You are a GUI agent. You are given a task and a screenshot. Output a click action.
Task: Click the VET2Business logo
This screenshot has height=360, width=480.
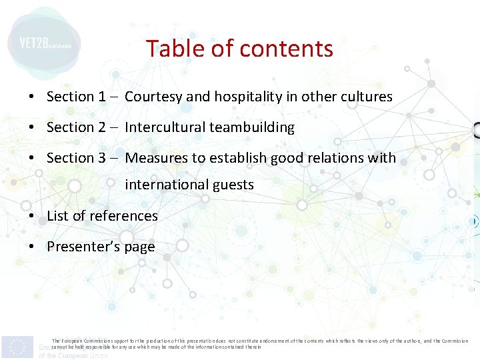(44, 44)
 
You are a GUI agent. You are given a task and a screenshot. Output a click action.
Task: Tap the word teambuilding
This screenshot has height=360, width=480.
(252, 127)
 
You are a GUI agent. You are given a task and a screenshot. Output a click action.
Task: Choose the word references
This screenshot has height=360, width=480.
(123, 216)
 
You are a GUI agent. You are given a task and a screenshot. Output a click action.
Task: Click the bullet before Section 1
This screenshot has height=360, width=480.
(32, 97)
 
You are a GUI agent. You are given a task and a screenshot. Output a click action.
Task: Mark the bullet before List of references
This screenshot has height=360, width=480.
(32, 217)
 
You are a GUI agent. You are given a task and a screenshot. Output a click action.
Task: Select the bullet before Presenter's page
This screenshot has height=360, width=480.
(32, 247)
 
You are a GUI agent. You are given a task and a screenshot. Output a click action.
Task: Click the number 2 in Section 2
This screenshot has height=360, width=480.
(102, 127)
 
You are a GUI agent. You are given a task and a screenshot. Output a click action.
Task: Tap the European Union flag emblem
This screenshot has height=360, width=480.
(17, 346)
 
